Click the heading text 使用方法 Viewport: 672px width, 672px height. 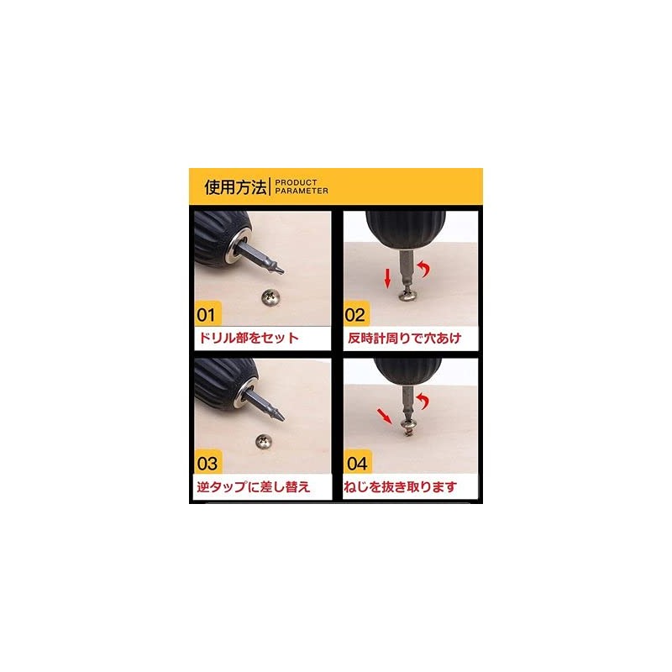point(235,186)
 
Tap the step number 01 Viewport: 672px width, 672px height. point(207,317)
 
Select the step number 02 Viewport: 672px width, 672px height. point(356,317)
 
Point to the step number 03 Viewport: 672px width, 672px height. point(207,463)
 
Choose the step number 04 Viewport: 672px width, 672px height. point(356,463)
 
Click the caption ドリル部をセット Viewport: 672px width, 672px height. point(248,339)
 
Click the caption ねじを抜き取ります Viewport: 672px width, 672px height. point(404,486)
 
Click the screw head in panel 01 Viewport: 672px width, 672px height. point(271,296)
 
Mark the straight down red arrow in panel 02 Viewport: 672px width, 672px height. point(387,277)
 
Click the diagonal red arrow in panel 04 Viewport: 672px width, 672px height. point(384,414)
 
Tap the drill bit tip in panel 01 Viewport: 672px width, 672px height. point(279,268)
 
